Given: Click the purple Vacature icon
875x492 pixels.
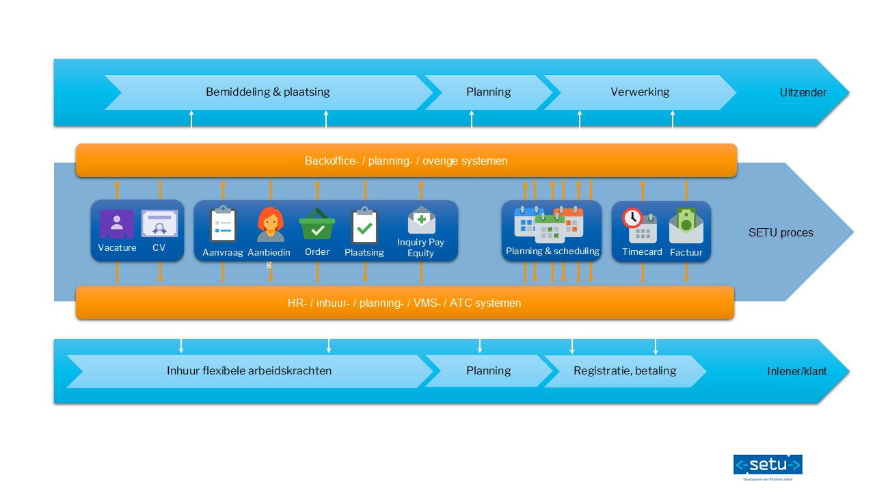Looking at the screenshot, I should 117,224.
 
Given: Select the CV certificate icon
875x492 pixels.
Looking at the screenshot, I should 159,224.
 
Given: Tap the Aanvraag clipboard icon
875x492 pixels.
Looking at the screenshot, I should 223,225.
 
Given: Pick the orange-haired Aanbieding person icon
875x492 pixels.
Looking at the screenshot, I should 271,225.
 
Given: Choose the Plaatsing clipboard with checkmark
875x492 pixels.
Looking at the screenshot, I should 364,226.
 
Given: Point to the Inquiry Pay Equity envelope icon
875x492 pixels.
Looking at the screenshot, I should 421,220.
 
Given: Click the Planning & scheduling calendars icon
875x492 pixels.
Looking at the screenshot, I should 549,224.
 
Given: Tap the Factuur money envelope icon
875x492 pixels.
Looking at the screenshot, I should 686,225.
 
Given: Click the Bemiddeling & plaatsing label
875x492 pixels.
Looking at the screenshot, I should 267,92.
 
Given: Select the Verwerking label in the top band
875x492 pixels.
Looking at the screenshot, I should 640,92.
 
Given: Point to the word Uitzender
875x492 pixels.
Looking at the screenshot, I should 803,92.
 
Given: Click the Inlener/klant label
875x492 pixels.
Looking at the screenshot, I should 796,372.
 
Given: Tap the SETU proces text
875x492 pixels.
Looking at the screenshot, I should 781,232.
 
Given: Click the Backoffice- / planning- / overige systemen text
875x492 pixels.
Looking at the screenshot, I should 406,161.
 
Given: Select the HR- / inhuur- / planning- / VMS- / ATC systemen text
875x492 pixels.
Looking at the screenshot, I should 404,303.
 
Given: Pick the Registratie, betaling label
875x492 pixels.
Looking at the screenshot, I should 625,371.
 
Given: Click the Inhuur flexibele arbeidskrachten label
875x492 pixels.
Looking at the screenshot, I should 249,371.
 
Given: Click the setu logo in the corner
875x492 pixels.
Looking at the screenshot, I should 768,466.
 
